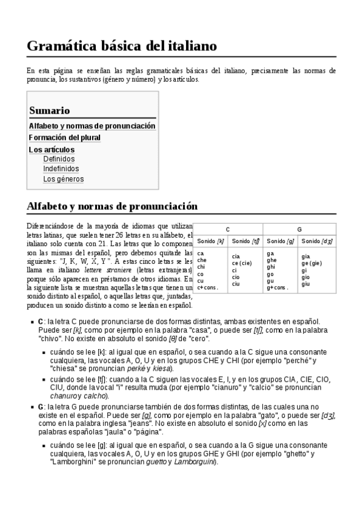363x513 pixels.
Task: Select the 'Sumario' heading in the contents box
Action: tap(49, 111)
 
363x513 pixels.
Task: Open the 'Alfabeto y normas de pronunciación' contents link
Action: tap(92, 126)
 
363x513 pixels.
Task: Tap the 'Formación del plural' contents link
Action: tap(65, 137)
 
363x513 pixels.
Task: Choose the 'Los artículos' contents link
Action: tap(52, 149)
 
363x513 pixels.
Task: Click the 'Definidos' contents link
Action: tap(59, 159)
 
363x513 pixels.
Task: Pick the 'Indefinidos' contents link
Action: tap(61, 169)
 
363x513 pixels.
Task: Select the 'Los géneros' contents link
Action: tap(64, 179)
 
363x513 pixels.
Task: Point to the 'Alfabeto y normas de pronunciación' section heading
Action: tap(112, 206)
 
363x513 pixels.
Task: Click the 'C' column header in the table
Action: tap(228, 230)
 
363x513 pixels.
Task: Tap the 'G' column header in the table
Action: tap(299, 230)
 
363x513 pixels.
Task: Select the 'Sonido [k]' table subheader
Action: tap(211, 241)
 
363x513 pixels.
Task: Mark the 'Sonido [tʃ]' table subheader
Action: tap(245, 241)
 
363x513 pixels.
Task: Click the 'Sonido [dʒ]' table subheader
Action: tap(317, 241)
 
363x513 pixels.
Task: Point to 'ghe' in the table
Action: tap(271, 260)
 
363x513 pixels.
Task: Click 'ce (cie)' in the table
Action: tap(242, 263)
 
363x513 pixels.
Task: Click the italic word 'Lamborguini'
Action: tap(195, 462)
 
